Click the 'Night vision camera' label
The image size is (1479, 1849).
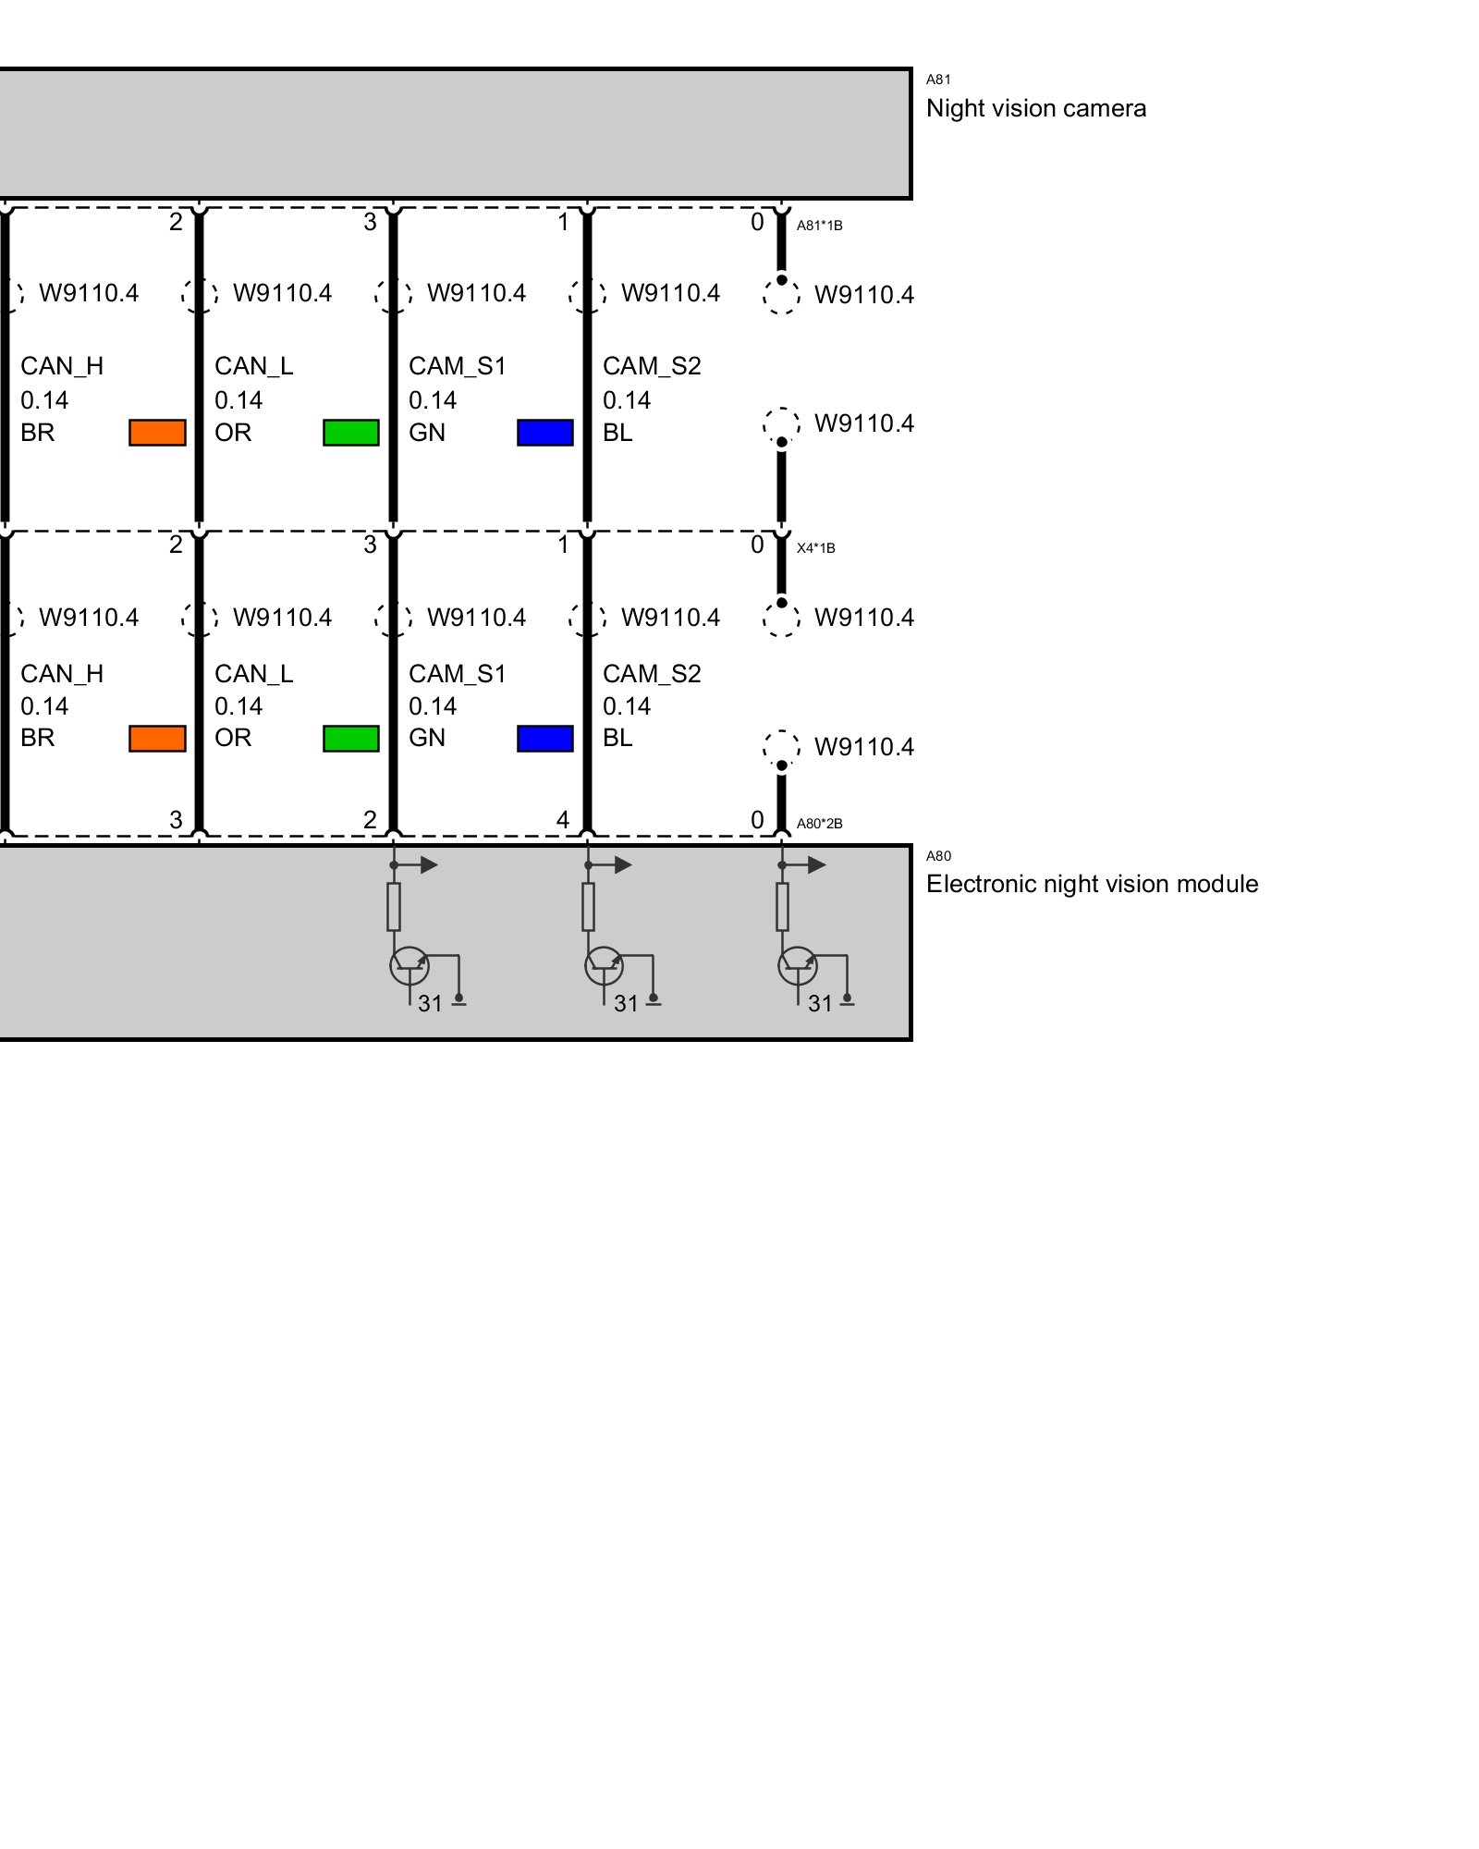1035,108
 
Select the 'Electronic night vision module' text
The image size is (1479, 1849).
1092,884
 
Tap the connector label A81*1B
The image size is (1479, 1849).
819,226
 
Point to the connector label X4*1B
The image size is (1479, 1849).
815,548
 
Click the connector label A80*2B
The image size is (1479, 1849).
819,824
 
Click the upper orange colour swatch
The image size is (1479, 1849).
157,433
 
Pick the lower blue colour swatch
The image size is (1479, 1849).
545,739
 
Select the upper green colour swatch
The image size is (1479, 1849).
351,433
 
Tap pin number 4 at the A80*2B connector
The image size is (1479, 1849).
562,819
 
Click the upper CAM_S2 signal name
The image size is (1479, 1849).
652,366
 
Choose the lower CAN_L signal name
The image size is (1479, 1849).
253,674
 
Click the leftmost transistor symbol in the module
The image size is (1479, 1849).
409,966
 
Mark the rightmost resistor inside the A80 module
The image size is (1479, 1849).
782,907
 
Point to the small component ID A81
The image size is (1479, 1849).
938,80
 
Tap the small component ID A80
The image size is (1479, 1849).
938,856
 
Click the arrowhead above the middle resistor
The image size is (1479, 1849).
624,865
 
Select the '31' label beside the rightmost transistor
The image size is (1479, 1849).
820,1004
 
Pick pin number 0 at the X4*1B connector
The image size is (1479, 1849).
757,545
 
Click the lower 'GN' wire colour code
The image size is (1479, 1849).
427,738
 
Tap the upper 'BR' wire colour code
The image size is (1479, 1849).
38,433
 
